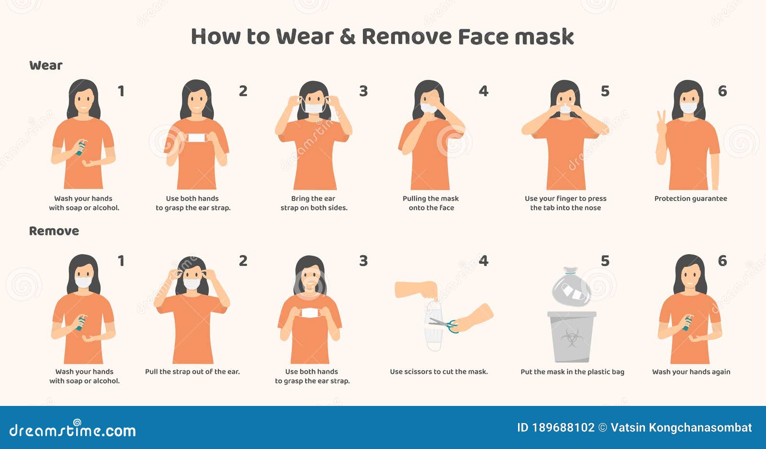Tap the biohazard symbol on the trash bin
571,337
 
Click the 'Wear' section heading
46,66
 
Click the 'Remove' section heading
54,231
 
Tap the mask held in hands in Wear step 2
196,138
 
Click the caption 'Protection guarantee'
690,199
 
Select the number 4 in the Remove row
484,261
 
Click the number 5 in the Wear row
605,91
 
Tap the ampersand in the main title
347,37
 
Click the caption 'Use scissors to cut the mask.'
439,372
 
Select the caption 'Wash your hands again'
691,372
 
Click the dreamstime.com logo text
73,430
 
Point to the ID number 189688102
563,428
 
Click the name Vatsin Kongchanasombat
681,428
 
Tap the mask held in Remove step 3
309,313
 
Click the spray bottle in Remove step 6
687,322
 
